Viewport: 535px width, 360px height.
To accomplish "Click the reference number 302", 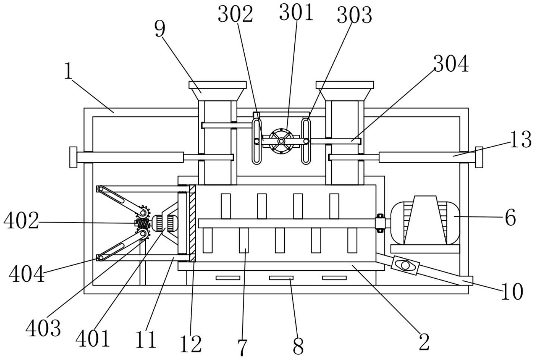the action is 235,14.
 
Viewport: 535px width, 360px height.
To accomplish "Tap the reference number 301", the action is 296,12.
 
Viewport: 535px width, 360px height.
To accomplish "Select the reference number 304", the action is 451,63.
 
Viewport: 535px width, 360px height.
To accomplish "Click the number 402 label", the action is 21,221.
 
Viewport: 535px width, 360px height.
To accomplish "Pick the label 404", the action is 26,274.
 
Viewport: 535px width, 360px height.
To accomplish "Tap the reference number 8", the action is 298,346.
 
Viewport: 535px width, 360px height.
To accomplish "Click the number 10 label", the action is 512,291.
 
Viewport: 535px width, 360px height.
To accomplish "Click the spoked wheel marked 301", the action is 281,141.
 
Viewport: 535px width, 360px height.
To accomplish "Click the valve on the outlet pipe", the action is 405,265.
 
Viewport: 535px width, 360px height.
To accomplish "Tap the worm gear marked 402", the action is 143,224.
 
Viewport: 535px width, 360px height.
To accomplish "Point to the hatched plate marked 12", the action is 192,223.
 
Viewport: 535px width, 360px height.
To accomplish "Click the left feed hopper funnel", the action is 218,91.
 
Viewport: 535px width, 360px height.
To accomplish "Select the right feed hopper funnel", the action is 345,91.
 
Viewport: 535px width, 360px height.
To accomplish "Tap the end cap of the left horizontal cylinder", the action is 73,157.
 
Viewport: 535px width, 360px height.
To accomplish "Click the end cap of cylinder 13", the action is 479,157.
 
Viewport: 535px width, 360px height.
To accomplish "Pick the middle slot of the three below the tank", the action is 281,278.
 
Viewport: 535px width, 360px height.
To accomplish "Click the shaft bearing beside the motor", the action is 379,223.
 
